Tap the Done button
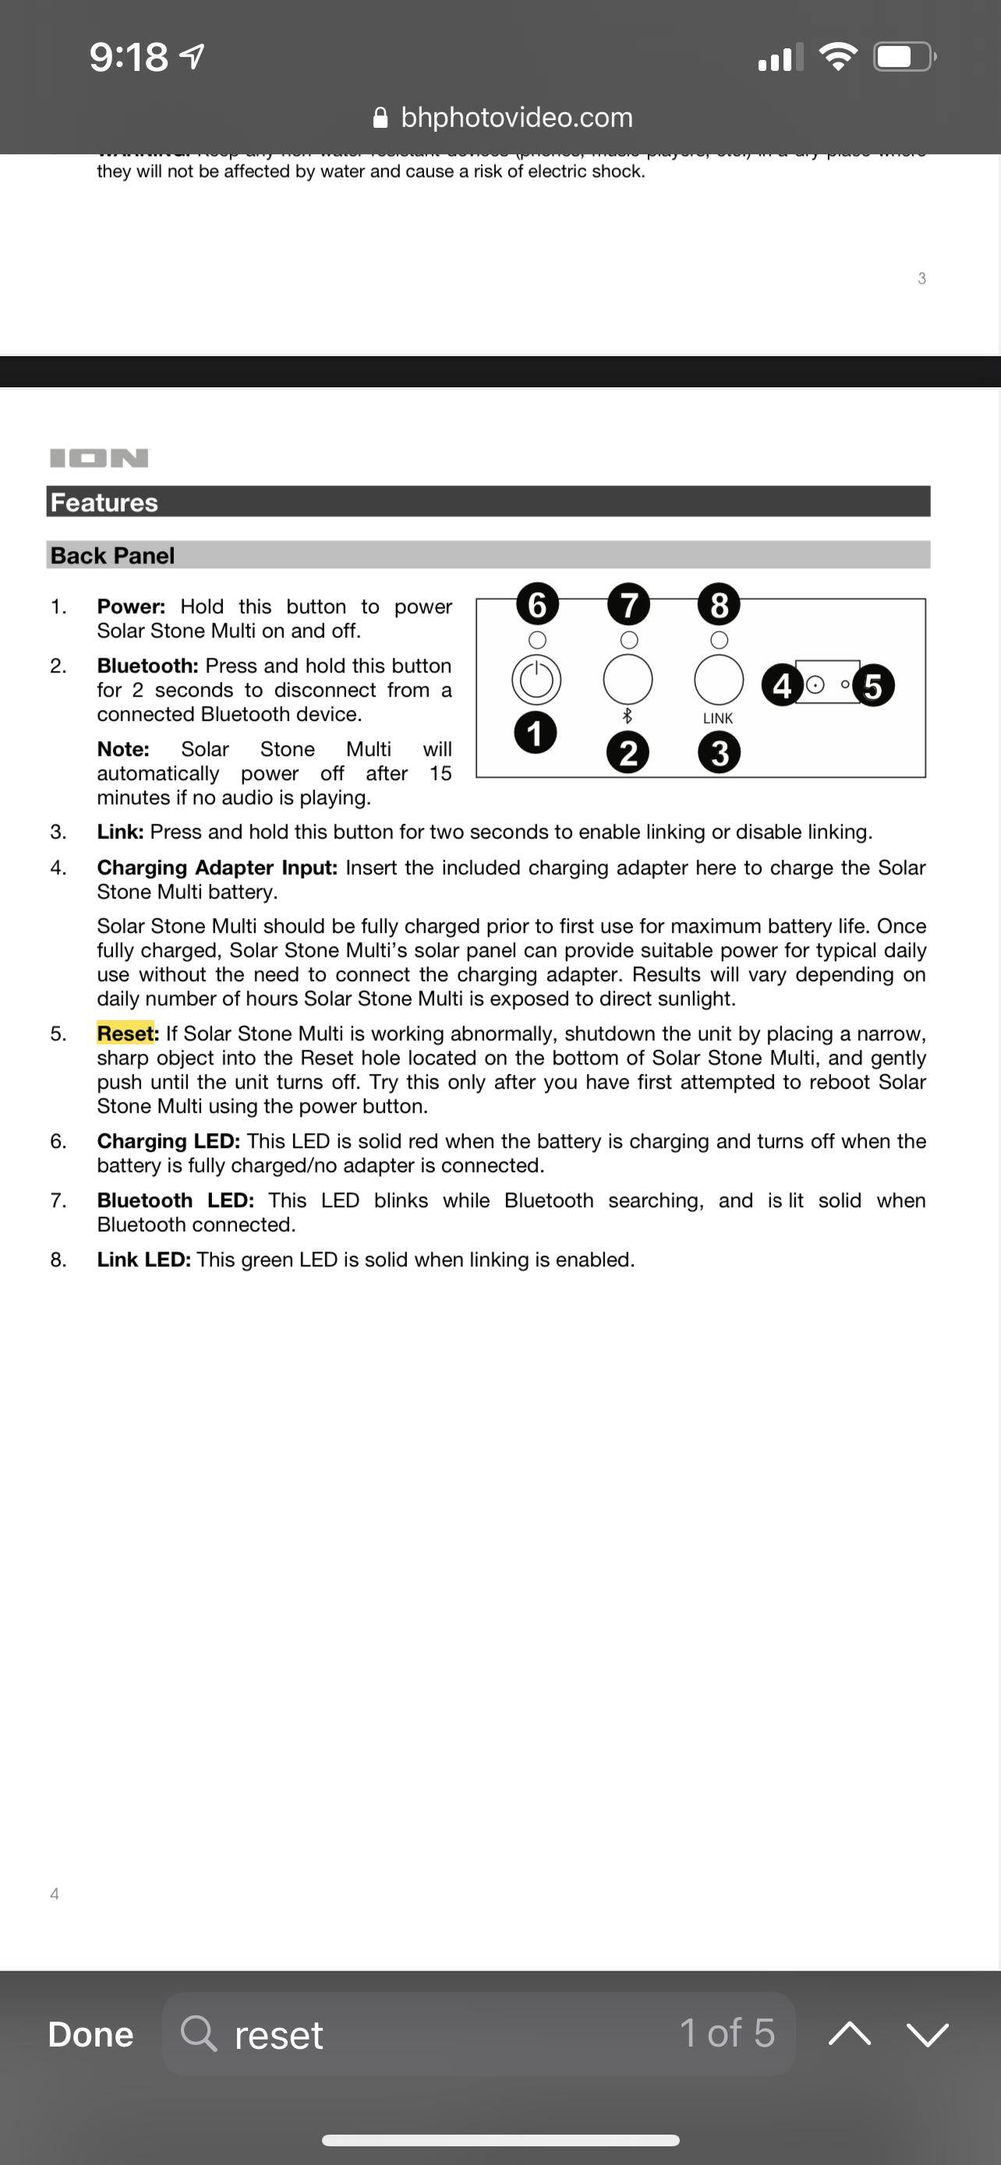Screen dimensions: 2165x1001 click(90, 2034)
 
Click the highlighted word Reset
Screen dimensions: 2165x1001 click(126, 1033)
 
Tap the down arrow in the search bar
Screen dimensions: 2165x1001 click(927, 2034)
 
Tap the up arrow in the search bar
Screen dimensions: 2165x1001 click(849, 2034)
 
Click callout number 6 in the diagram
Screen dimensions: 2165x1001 click(537, 604)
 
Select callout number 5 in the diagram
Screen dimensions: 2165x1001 click(873, 686)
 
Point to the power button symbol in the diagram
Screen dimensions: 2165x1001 click(536, 679)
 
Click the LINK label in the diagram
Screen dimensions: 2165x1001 click(718, 719)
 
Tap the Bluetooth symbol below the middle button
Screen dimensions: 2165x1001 click(627, 716)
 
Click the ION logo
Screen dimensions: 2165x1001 click(99, 458)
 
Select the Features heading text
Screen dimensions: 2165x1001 click(104, 503)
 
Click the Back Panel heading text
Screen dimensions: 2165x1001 click(112, 556)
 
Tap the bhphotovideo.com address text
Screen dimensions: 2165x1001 click(516, 118)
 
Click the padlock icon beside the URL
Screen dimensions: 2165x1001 click(380, 118)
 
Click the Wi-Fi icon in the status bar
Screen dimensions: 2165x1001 click(837, 57)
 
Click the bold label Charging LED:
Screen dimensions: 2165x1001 click(168, 1140)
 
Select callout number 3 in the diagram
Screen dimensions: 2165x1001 click(720, 752)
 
